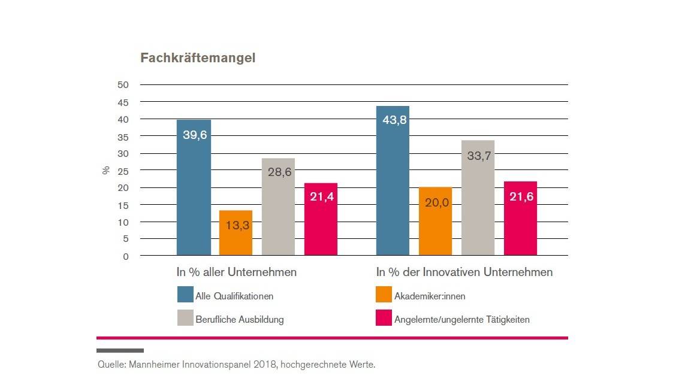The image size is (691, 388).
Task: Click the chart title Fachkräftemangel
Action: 198,58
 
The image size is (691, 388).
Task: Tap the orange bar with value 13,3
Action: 236,233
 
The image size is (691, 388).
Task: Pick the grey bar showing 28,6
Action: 278,207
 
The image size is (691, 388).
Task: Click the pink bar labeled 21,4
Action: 321,219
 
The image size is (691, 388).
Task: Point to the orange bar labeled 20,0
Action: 435,222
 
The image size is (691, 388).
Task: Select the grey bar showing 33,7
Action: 478,198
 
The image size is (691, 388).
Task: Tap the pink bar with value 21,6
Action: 520,219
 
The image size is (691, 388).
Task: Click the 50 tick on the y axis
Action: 123,85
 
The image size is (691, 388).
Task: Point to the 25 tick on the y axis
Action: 123,171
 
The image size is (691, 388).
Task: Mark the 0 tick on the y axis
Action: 125,256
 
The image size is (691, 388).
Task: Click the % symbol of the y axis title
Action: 105,170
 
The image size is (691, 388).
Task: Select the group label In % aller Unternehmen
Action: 236,272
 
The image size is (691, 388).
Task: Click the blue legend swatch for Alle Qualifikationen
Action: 185,295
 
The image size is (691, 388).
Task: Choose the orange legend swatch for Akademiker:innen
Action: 384,295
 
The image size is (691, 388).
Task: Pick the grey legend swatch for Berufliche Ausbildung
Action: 185,319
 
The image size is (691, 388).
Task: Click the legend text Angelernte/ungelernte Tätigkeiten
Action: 461,319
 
